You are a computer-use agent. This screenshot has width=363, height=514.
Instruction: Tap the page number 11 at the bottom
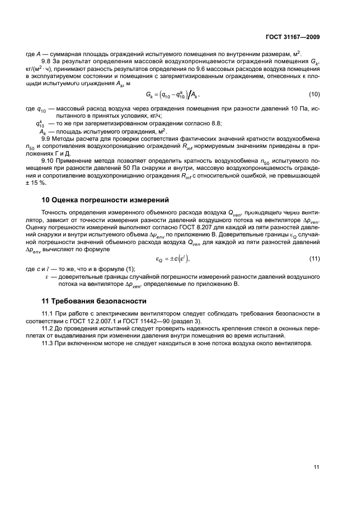316,467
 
